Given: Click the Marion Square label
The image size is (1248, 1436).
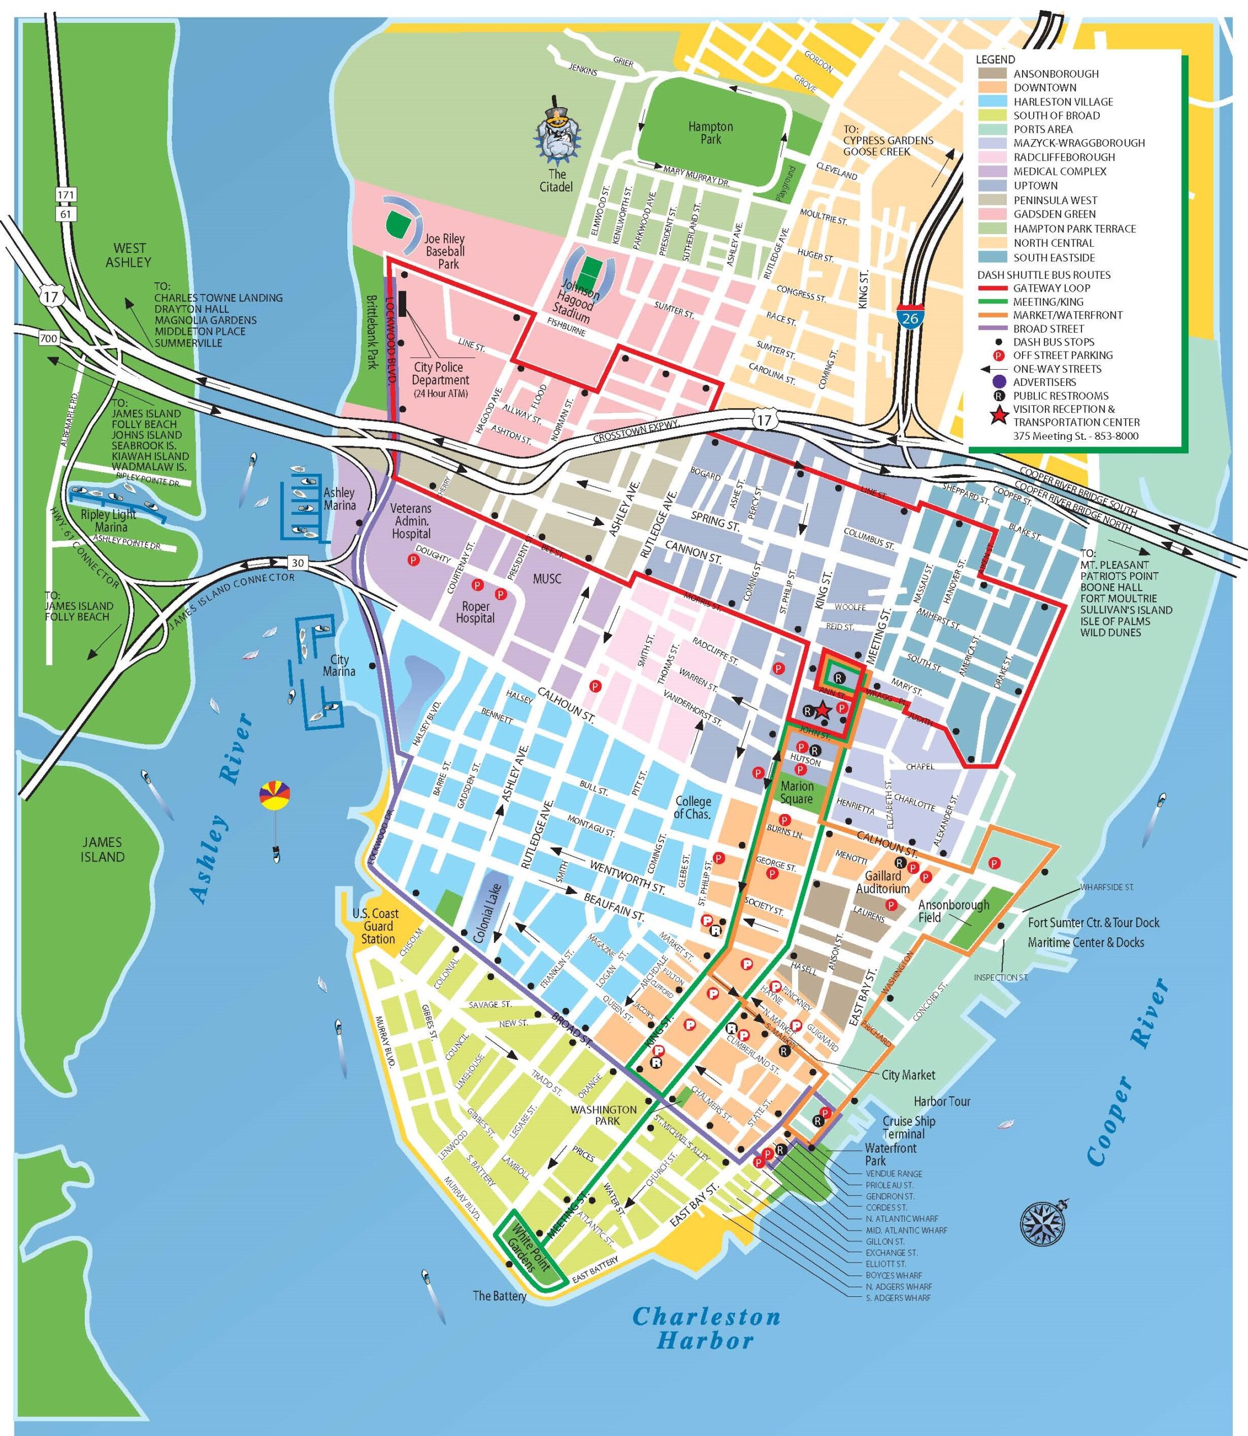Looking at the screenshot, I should tap(796, 792).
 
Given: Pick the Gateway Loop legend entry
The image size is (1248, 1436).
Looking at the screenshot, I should tap(1051, 288).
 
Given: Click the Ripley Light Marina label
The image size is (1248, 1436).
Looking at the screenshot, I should tap(109, 521).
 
